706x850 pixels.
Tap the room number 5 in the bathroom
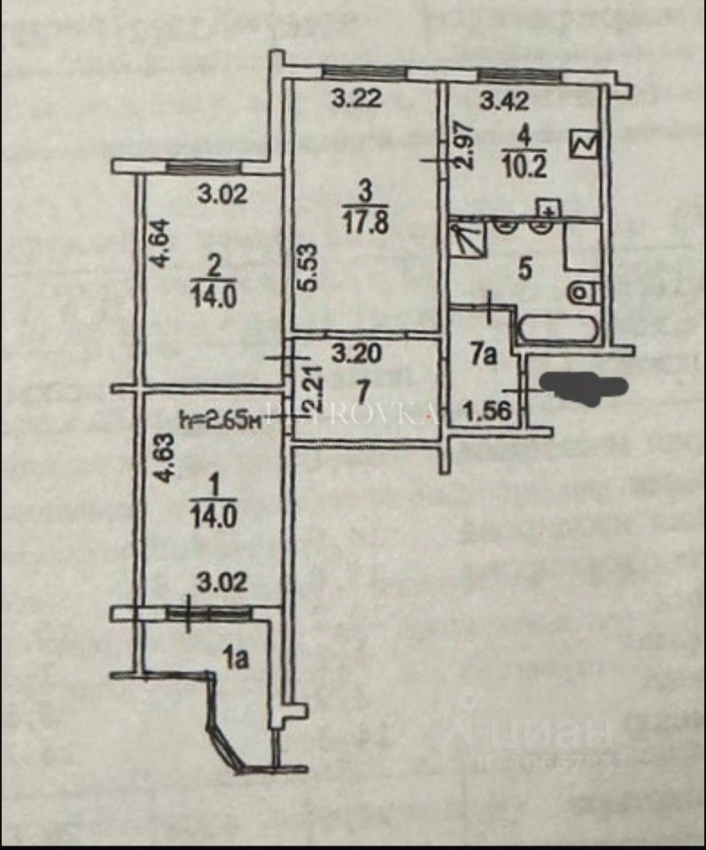[x=525, y=269]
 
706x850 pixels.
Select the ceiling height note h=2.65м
[x=220, y=419]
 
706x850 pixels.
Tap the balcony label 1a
[x=235, y=657]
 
